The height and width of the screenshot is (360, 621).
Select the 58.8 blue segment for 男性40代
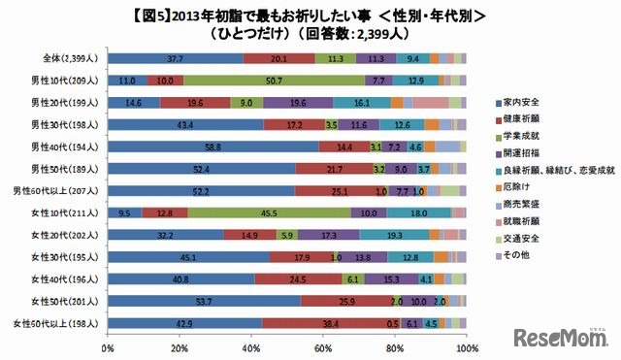click(x=212, y=146)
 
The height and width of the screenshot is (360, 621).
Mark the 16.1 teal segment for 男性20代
click(x=361, y=102)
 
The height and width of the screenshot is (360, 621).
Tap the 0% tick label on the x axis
click(x=107, y=346)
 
